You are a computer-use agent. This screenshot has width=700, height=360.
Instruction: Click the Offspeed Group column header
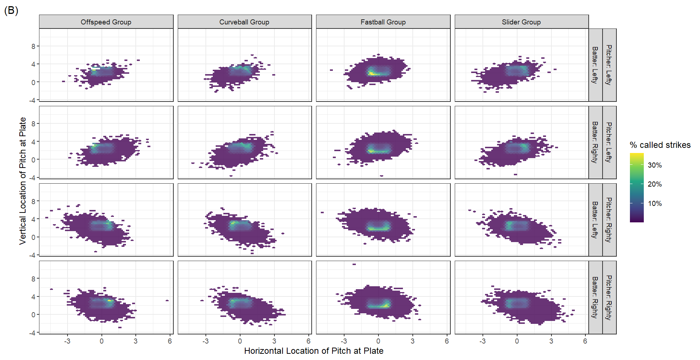point(106,22)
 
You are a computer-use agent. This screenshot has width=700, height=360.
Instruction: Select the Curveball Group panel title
point(244,22)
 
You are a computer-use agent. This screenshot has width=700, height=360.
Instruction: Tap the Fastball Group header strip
point(383,22)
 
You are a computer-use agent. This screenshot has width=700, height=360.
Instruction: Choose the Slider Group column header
point(521,22)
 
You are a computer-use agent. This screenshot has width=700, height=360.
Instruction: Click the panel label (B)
point(11,11)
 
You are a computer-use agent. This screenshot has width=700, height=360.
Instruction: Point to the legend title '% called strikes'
point(660,145)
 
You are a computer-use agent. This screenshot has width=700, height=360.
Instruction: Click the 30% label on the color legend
point(655,165)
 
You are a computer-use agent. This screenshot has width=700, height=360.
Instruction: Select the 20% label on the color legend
point(655,184)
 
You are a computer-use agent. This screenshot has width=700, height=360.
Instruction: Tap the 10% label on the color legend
point(655,203)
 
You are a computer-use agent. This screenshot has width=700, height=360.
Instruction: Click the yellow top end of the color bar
point(636,155)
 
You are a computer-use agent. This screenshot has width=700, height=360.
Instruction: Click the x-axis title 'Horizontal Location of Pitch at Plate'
point(314,351)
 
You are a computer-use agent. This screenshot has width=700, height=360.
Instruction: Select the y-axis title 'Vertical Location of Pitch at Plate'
point(23,181)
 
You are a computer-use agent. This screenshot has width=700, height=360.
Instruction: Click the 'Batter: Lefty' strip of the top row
point(595,65)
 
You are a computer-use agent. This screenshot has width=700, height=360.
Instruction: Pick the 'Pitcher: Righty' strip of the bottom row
point(609,297)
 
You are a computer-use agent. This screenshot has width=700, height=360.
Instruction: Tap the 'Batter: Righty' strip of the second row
point(595,142)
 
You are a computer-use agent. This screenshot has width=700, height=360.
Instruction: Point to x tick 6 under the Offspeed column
point(170,341)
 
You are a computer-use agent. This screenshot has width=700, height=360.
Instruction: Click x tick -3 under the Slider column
point(482,341)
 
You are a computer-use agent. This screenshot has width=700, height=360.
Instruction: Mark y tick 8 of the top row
point(33,46)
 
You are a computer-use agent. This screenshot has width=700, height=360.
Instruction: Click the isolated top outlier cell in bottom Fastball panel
point(354,264)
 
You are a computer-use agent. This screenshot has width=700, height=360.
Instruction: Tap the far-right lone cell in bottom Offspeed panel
point(167,300)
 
